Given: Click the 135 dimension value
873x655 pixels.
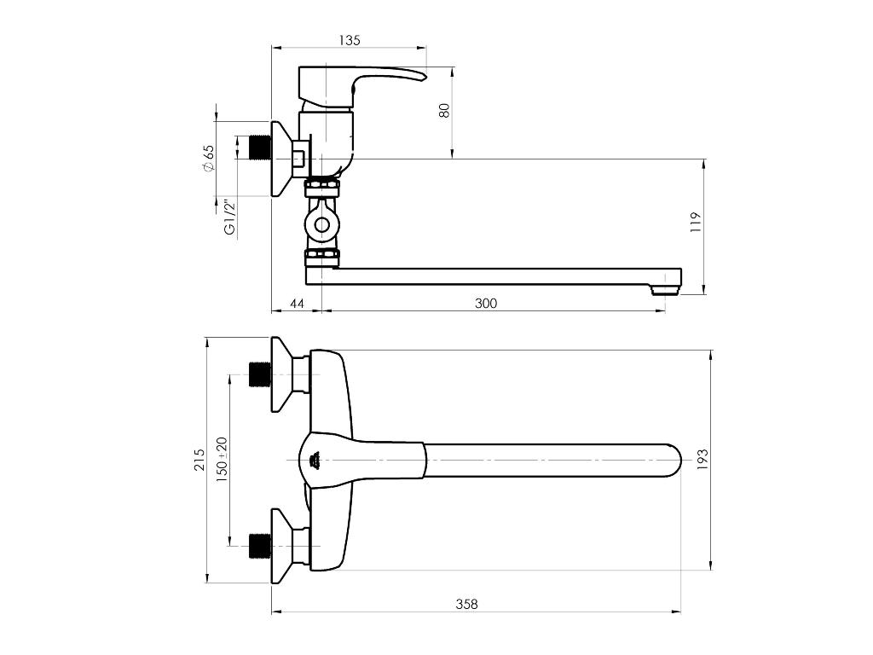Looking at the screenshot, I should [x=350, y=39].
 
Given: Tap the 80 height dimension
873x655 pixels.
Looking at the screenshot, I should [x=444, y=110].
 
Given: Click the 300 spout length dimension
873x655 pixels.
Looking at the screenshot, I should [x=486, y=303].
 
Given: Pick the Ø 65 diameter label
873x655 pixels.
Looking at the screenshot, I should [x=209, y=158].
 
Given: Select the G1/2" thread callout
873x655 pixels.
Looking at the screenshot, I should [x=228, y=217].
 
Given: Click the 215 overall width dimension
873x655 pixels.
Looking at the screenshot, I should [x=199, y=460].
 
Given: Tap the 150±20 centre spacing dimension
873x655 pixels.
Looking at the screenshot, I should [x=222, y=460].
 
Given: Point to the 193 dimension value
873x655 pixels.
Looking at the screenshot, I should [x=702, y=459].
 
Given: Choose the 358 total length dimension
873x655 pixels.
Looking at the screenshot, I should [x=466, y=604].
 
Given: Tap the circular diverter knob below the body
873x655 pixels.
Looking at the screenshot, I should [x=321, y=225].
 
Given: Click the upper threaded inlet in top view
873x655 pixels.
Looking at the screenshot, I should [x=259, y=374].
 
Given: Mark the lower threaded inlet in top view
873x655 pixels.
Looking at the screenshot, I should [x=259, y=546].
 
